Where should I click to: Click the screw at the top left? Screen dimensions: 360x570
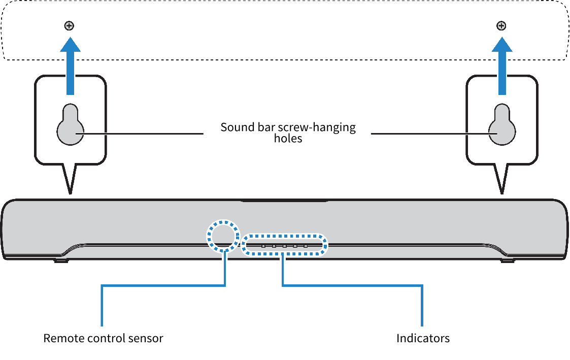pos(69,25)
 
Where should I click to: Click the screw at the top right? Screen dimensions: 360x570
pos(501,25)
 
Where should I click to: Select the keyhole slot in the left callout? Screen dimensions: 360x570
pos(70,127)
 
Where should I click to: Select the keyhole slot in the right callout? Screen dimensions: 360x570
pos(502,127)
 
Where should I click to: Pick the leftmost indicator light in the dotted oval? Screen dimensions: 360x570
pos(263,246)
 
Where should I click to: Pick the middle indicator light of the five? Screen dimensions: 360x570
pos(285,246)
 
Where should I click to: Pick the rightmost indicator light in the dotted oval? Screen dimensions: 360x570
pos(306,246)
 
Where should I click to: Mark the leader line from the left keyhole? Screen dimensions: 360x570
pos(142,134)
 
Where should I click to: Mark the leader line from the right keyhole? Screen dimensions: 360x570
pos(431,134)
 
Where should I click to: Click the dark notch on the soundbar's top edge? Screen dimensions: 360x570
pos(284,201)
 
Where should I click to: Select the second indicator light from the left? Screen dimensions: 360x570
pos(274,246)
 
